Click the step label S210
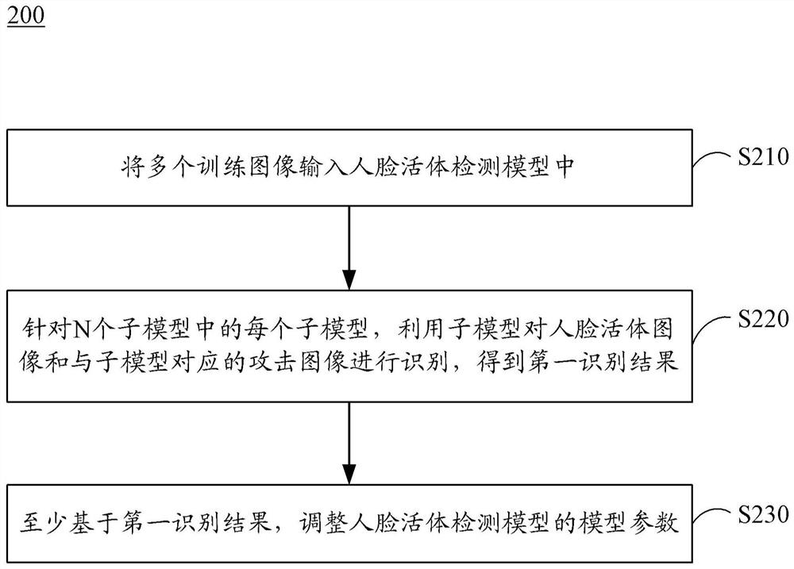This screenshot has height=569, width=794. (x=762, y=155)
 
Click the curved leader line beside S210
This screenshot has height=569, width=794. (x=710, y=161)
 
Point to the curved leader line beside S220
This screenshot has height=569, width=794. (x=710, y=327)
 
